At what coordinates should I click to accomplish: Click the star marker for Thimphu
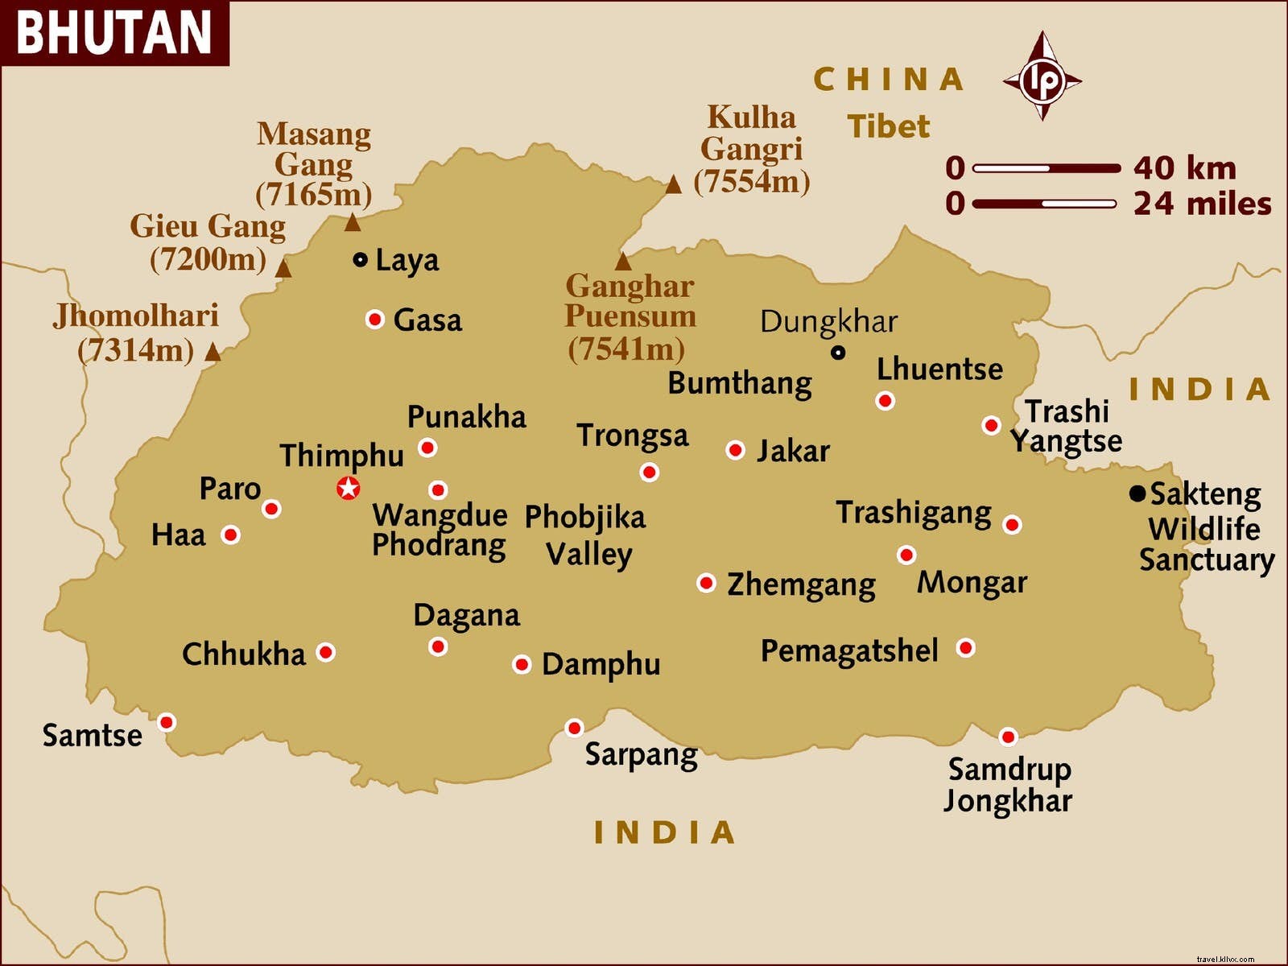click(348, 488)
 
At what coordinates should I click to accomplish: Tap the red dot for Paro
click(272, 509)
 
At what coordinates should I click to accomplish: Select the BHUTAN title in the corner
click(114, 32)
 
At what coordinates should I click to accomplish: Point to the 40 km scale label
click(1184, 168)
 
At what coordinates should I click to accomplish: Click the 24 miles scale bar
click(1045, 204)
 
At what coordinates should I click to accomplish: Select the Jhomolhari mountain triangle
click(213, 352)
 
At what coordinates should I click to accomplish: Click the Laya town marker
click(361, 259)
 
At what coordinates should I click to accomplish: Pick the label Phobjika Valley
click(586, 535)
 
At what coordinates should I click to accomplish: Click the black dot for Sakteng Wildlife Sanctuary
click(1137, 493)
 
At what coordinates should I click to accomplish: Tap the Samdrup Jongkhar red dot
click(1008, 737)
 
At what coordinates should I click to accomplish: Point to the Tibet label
click(888, 126)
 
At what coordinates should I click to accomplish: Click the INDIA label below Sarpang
click(665, 832)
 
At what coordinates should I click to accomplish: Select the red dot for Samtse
click(167, 722)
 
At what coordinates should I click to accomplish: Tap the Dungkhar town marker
click(838, 353)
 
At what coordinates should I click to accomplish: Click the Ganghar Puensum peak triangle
click(623, 262)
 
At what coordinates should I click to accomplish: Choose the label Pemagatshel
click(849, 650)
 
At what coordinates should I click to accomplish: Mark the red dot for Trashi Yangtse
click(992, 425)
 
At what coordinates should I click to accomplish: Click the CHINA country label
click(888, 80)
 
